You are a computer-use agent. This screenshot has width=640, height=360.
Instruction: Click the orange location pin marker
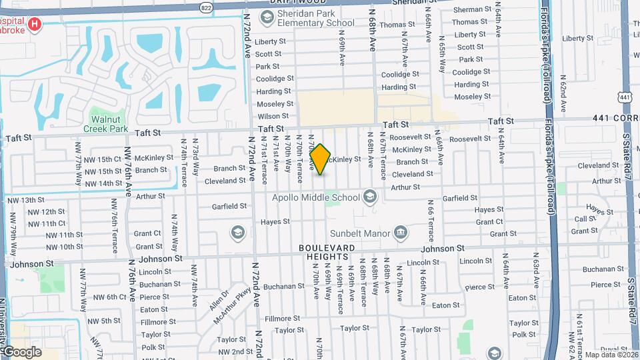(x=321, y=159)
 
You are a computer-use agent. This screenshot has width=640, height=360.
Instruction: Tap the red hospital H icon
(x=35, y=25)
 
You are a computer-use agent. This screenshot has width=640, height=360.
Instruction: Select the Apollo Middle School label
(x=316, y=197)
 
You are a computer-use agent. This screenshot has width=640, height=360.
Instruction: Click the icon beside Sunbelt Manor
(x=401, y=233)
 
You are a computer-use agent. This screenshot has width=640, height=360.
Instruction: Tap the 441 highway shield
(x=625, y=97)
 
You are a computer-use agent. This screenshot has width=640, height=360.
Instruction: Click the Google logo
(x=21, y=351)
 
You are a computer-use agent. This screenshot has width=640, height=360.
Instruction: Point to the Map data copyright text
(x=611, y=354)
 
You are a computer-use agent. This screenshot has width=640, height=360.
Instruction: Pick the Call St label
(x=585, y=219)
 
